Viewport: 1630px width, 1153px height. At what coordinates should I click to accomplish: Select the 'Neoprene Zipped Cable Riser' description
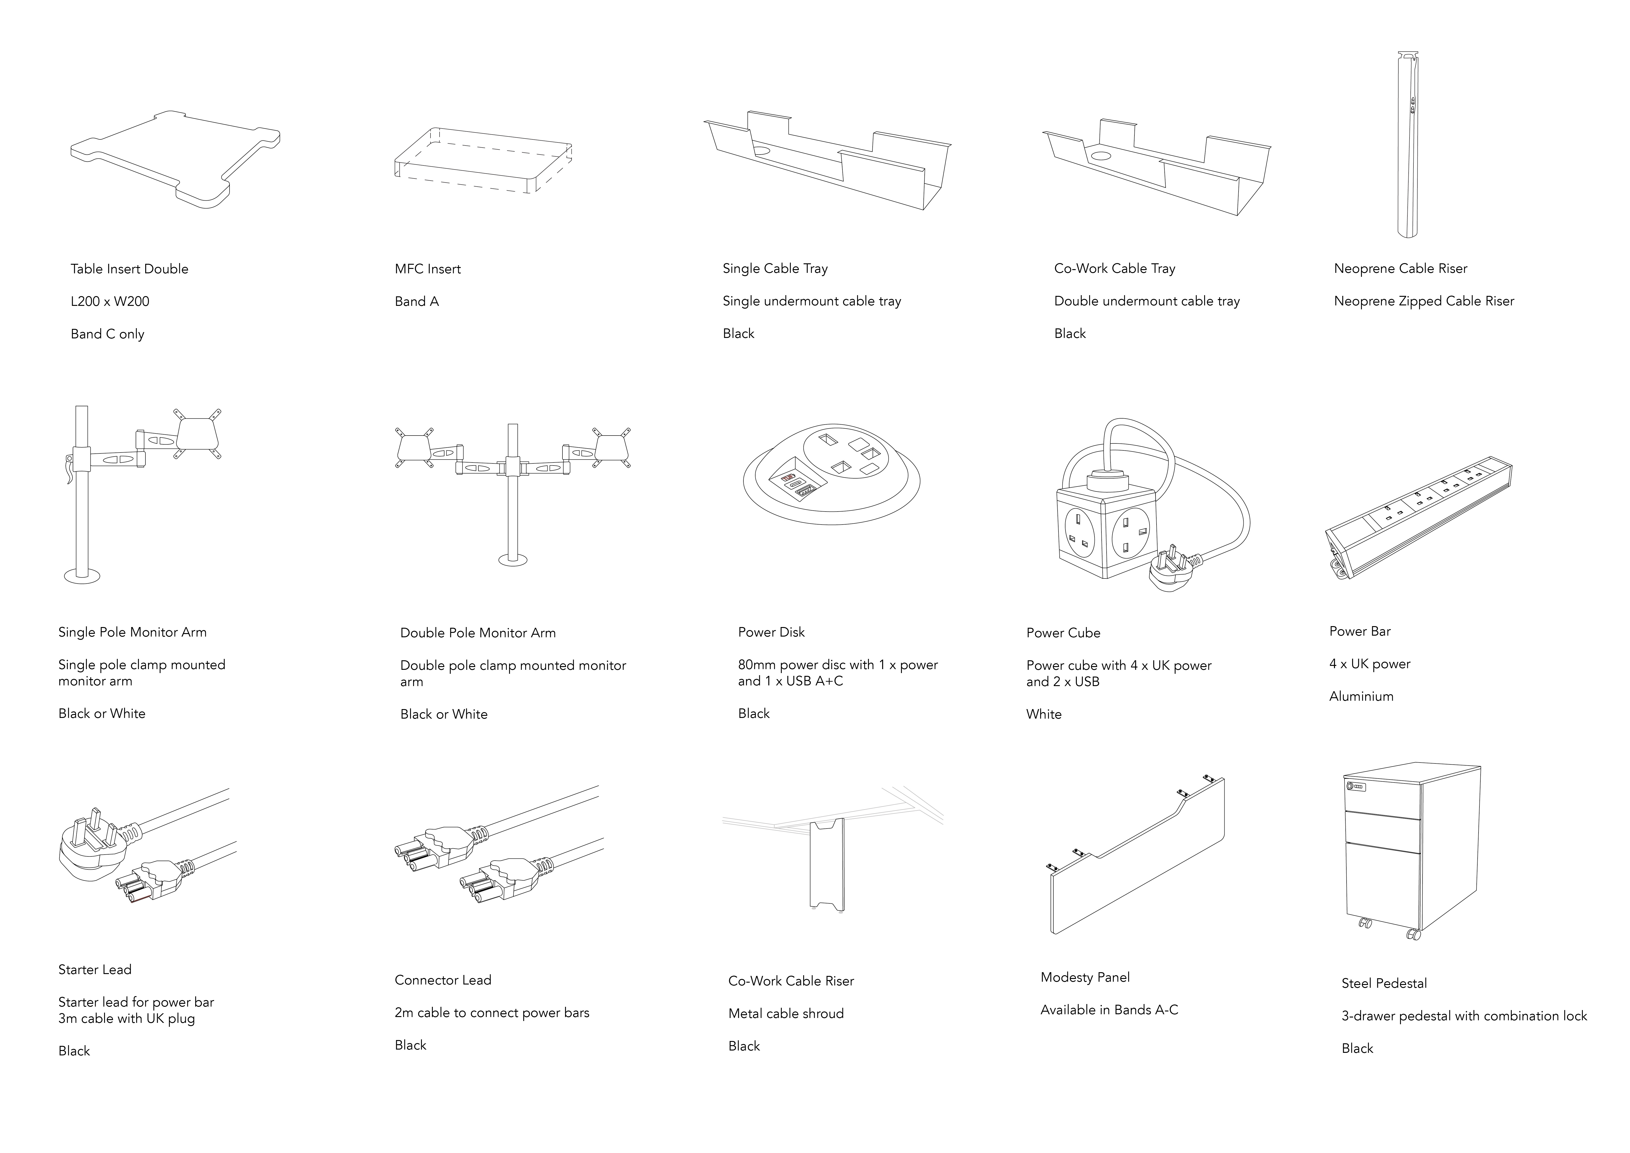tap(1423, 301)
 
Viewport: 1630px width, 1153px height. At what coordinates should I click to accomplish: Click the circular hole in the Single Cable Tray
tap(762, 151)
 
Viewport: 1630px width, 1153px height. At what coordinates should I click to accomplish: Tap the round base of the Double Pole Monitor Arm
tap(513, 560)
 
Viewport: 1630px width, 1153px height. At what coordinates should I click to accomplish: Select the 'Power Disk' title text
tap(771, 632)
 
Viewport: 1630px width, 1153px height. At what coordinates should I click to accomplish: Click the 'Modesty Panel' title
tap(1085, 978)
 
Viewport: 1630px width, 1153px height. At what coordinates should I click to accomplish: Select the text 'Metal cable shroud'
tap(786, 1014)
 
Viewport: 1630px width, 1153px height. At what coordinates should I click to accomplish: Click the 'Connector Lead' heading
tap(442, 980)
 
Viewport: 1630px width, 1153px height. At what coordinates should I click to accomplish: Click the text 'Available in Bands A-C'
tap(1109, 1010)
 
